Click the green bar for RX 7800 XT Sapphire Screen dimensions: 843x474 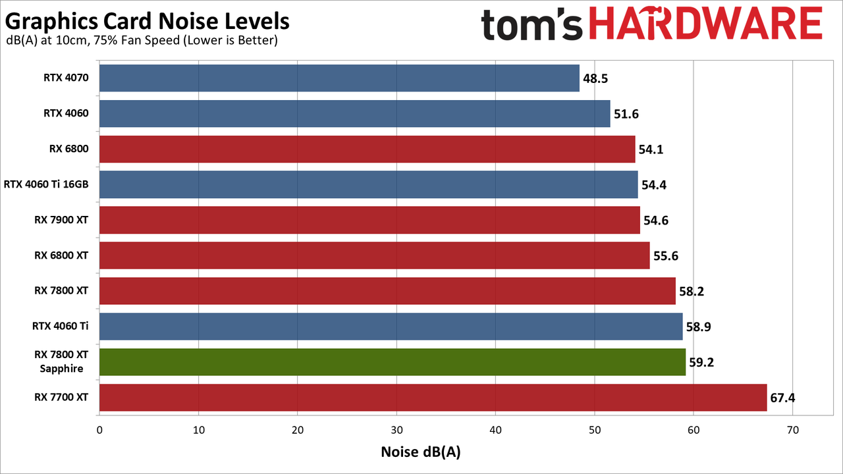click(x=393, y=362)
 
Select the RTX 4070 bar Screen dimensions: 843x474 click(x=339, y=78)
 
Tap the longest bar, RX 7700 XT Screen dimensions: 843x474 click(x=433, y=398)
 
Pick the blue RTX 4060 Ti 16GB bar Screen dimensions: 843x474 click(x=369, y=184)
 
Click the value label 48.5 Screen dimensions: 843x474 click(x=595, y=78)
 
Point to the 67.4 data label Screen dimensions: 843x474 click(x=783, y=398)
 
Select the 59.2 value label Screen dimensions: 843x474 click(x=701, y=362)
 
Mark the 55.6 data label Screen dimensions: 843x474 click(x=666, y=256)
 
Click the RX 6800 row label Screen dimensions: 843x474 click(x=69, y=149)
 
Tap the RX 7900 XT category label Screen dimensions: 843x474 click(x=61, y=220)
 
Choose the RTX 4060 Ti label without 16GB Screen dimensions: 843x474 click(x=60, y=326)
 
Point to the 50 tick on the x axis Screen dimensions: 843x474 click(x=595, y=430)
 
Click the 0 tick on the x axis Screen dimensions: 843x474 click(x=99, y=430)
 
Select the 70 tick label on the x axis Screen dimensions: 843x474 click(x=793, y=430)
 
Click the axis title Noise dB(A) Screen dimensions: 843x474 click(x=421, y=452)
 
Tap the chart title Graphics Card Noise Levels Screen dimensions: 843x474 click(x=147, y=21)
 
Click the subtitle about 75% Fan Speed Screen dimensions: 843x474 click(x=142, y=40)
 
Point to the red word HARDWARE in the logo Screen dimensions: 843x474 click(x=705, y=23)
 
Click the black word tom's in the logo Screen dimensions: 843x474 click(x=531, y=25)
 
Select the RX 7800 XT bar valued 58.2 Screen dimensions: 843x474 click(x=388, y=291)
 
